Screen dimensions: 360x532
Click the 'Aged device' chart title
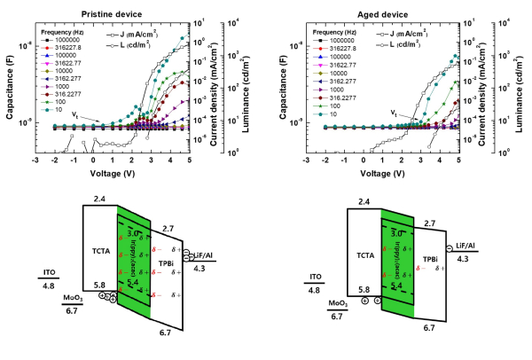(x=382, y=14)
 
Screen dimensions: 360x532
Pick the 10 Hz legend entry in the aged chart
(x=339, y=114)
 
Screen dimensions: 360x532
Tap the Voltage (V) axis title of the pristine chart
(x=110, y=176)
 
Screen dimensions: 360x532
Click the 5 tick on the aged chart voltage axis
(x=458, y=162)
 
